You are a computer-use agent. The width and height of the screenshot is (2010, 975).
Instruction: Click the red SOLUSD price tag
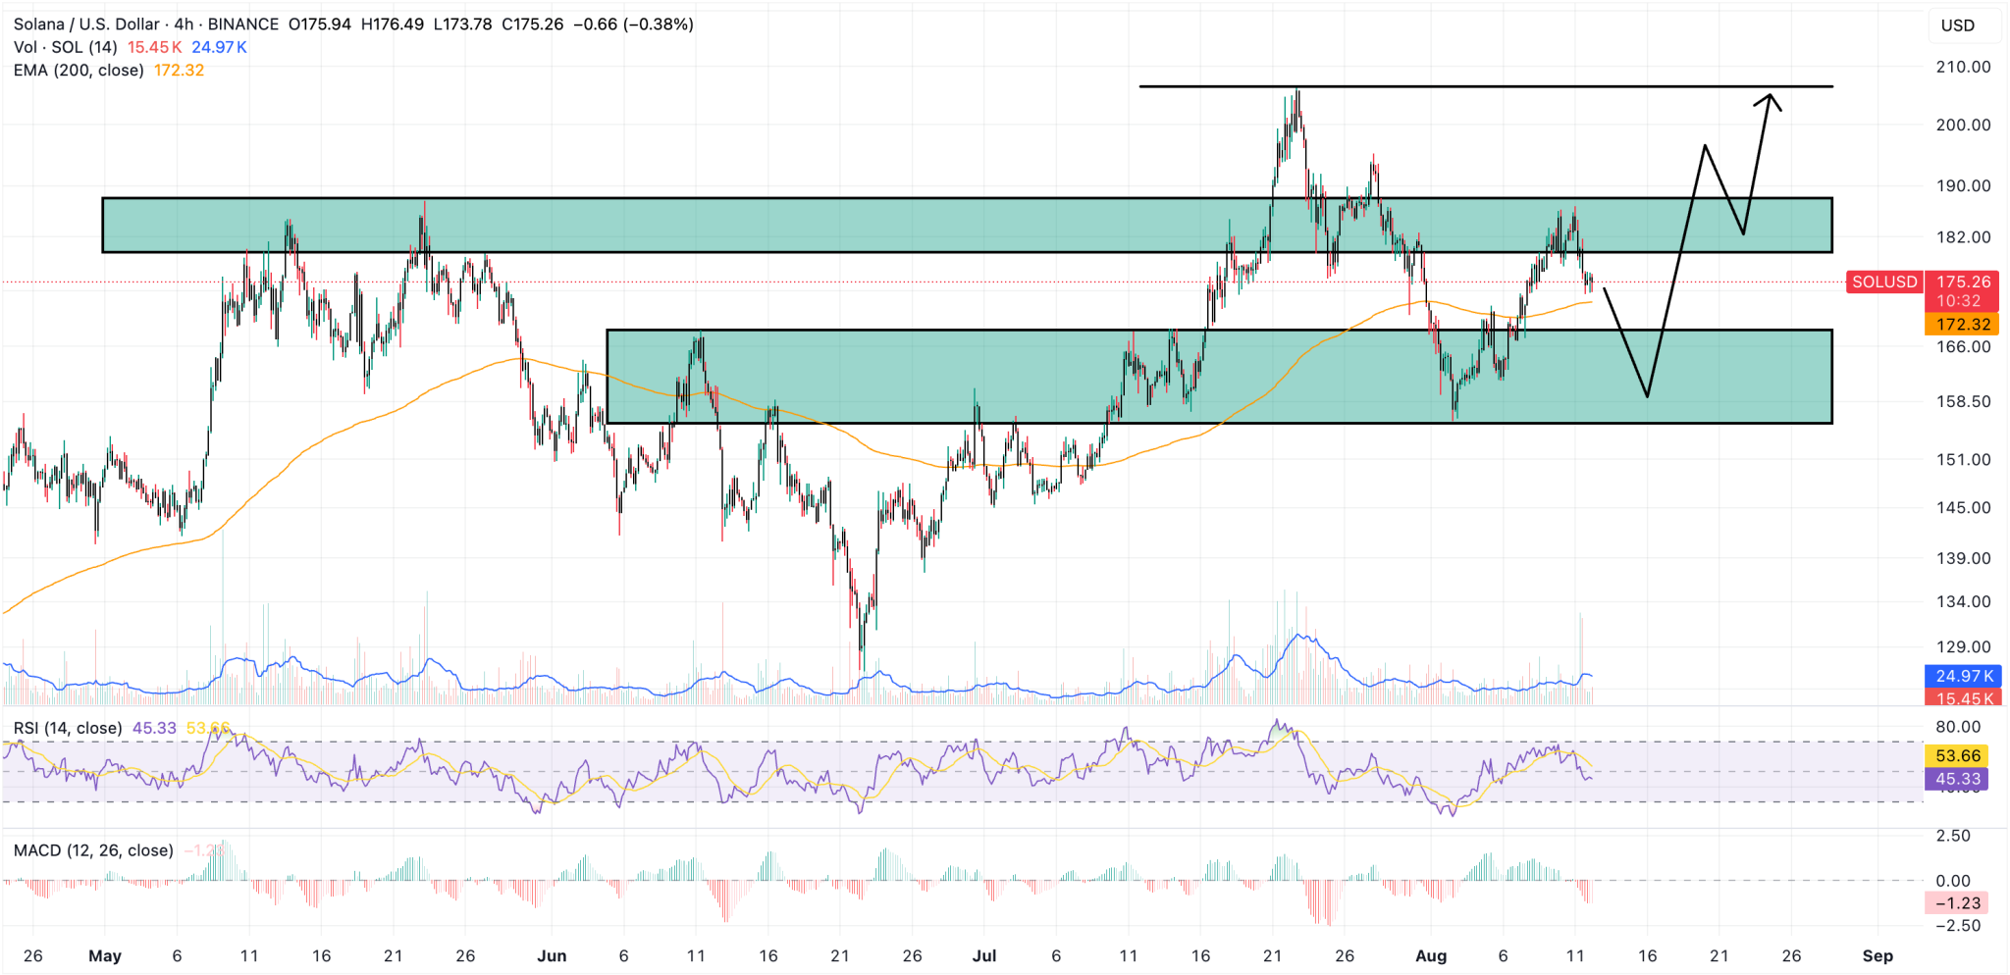[1883, 282]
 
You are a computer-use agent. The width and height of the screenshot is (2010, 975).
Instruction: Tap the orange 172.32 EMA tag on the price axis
[1963, 325]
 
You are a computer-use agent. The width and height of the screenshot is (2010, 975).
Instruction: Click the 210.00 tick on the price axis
[1963, 67]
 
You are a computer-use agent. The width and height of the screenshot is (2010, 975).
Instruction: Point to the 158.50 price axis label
[1963, 401]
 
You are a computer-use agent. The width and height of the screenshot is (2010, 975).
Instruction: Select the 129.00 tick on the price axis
[1963, 646]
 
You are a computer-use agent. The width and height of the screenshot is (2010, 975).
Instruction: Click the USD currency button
[1957, 26]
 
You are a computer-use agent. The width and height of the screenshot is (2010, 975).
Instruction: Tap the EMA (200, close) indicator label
[79, 71]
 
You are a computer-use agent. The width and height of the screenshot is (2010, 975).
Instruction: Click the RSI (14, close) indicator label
[68, 728]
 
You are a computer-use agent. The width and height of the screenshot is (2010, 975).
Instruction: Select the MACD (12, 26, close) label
[93, 850]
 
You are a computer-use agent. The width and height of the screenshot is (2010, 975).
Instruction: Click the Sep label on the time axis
[1877, 956]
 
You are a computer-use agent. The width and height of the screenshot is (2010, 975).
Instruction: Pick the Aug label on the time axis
[1431, 956]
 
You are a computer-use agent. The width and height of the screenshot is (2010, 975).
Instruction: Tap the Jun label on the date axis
[552, 956]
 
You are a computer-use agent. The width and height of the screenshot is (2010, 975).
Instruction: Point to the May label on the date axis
[105, 956]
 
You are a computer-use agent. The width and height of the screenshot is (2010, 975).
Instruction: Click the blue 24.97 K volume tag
[1963, 676]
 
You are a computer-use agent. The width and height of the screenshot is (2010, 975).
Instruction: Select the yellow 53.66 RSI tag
[1959, 756]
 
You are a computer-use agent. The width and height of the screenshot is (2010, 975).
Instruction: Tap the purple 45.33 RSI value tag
[1959, 780]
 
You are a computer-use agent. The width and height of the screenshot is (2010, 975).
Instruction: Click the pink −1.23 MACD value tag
[1959, 903]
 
